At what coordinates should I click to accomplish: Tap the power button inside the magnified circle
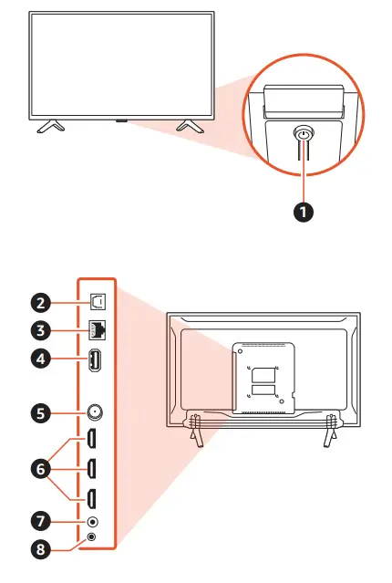click(302, 134)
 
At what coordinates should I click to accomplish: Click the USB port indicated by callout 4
click(94, 361)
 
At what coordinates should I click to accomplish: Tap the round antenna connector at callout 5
click(94, 411)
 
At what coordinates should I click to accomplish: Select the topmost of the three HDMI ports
click(94, 440)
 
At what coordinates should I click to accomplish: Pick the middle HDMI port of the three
click(94, 469)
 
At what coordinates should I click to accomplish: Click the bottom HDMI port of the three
click(94, 498)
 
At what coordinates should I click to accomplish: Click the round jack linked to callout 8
click(91, 537)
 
